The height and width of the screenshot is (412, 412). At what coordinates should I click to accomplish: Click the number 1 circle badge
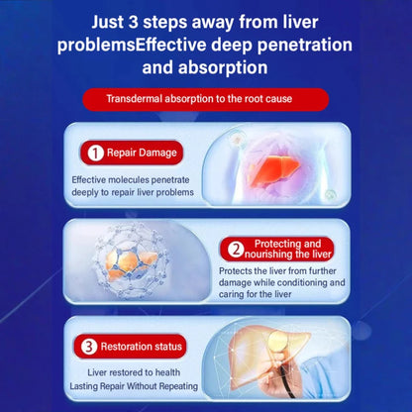click(94, 154)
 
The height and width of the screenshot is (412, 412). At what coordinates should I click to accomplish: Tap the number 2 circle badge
click(237, 249)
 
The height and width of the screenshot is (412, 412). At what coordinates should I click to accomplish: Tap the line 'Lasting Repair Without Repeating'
click(135, 385)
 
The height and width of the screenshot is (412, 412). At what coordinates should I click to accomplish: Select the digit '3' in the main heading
click(149, 21)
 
